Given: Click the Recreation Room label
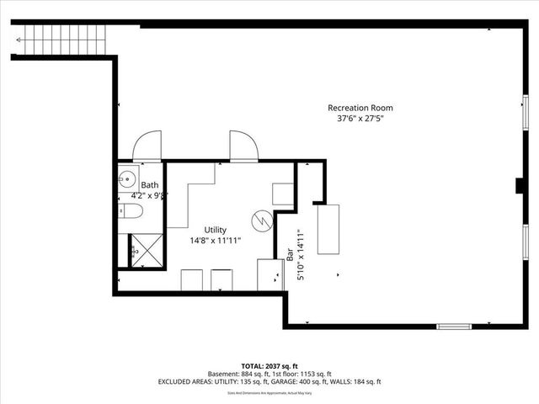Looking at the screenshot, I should (x=360, y=108).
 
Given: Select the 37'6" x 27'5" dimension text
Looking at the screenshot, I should (x=360, y=119).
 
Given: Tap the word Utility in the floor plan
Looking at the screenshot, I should (x=216, y=229).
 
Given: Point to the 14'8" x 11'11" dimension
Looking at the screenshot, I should (x=216, y=240).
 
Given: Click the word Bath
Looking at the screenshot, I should (x=149, y=185).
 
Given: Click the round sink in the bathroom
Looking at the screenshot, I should (x=127, y=178).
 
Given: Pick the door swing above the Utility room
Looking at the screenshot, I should (x=243, y=144).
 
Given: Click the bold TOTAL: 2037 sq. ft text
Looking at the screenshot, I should (x=269, y=365).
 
